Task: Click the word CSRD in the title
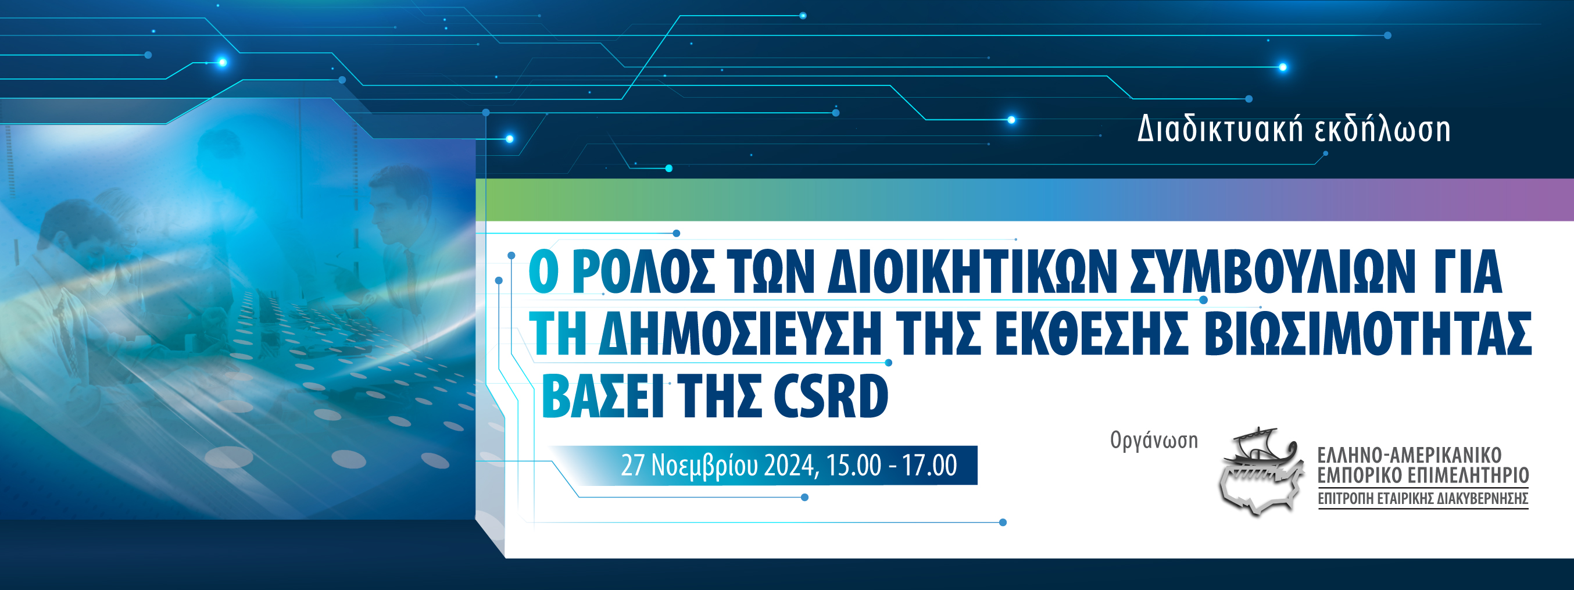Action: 831,397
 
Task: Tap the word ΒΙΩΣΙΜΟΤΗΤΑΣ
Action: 1371,334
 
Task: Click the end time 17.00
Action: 930,466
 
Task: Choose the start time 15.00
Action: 854,466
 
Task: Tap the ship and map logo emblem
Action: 1260,471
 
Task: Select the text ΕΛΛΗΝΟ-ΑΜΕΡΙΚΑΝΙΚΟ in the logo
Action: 1409,455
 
